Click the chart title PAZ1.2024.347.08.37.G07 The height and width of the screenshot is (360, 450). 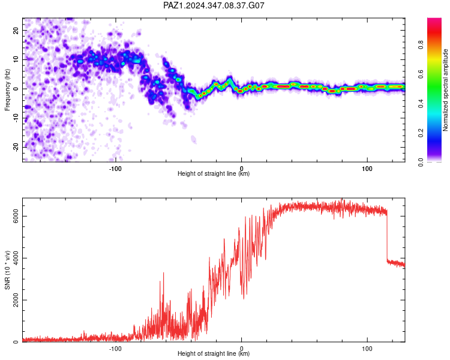pos(214,5)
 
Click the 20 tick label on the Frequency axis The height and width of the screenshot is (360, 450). pos(16,30)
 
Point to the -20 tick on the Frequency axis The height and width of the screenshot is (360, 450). pos(16,147)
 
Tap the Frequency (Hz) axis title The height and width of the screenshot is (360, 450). pos(7,90)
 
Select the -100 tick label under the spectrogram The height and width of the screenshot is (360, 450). pos(115,169)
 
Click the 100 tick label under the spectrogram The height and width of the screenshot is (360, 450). pos(367,169)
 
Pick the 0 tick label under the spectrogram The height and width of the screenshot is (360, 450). pos(241,169)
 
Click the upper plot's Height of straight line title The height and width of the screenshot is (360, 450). pos(214,173)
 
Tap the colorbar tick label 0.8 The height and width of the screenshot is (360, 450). pos(421,45)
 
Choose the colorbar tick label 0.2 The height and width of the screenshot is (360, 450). pos(421,133)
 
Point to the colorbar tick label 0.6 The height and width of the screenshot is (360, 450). pos(421,74)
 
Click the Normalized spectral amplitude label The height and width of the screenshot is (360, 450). pos(445,90)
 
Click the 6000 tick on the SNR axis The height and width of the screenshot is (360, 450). pos(16,216)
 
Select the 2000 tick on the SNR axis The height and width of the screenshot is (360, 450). pos(16,300)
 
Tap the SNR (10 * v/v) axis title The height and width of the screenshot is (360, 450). pos(7,270)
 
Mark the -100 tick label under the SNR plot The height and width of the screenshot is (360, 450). pos(115,349)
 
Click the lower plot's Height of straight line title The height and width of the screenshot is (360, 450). pos(214,353)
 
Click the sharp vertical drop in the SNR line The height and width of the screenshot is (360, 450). pos(387,236)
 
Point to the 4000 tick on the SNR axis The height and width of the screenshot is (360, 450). pos(16,258)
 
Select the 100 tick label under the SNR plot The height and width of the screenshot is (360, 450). pos(367,349)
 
